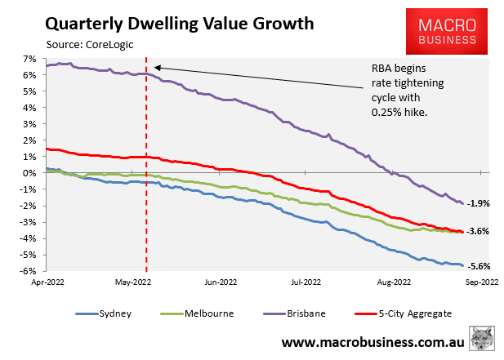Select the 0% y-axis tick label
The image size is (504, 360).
pyautogui.click(x=31, y=173)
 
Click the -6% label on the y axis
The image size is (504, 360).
pyautogui.click(x=29, y=271)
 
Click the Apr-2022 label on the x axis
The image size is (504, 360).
pyautogui.click(x=47, y=283)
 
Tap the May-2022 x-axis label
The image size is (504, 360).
pyautogui.click(x=133, y=283)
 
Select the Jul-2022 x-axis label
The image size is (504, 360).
pyautogui.click(x=306, y=283)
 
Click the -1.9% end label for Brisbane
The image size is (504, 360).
pyautogui.click(x=478, y=202)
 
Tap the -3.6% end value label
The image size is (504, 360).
pyautogui.click(x=478, y=231)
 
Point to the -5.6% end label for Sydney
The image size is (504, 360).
pyautogui.click(x=478, y=265)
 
